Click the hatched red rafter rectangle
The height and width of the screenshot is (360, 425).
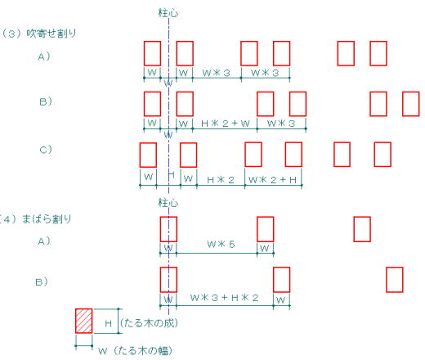[84, 321]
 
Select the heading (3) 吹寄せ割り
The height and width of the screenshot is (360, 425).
[38, 34]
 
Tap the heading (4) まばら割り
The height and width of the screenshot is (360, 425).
[35, 219]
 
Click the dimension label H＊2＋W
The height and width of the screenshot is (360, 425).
[226, 124]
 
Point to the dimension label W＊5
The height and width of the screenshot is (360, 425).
[221, 244]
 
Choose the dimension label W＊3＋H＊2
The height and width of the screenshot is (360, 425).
[224, 298]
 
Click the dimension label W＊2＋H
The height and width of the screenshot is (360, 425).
[272, 180]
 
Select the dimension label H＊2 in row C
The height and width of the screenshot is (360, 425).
[221, 180]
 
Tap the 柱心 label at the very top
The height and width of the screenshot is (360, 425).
[168, 13]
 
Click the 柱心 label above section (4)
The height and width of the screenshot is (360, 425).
[168, 203]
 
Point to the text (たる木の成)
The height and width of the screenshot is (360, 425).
[149, 323]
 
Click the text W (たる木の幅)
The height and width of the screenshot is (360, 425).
[136, 351]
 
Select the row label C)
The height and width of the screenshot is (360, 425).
[46, 150]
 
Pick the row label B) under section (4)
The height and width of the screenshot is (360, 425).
[42, 281]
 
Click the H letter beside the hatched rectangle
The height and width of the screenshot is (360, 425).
[108, 324]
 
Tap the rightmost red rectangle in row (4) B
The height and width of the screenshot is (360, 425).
[395, 280]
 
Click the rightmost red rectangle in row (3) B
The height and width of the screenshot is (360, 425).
[411, 104]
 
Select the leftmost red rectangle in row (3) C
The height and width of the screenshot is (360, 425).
[148, 155]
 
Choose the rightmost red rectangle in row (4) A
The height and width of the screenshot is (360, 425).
[362, 229]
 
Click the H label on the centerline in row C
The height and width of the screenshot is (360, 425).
[171, 174]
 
